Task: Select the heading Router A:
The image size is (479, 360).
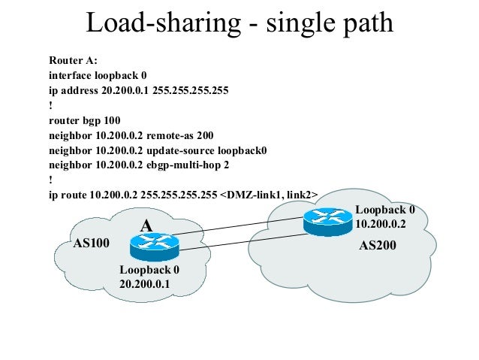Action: (73, 60)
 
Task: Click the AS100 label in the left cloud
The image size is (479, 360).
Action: (92, 244)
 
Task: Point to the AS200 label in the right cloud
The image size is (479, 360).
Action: (378, 245)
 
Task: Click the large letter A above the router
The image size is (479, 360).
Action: (147, 225)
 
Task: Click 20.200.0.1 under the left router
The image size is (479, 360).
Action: (145, 283)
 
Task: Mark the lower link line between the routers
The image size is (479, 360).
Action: (240, 241)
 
